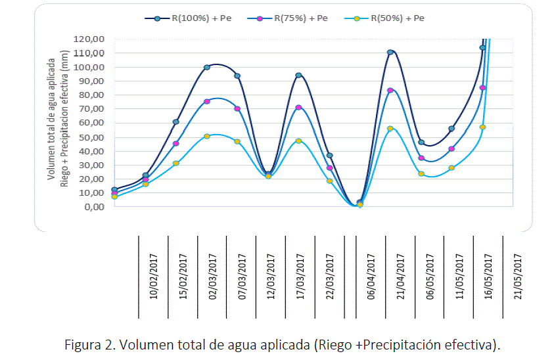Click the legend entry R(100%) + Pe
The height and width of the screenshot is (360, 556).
[x=190, y=18]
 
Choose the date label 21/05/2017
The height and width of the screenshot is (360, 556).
[x=517, y=277]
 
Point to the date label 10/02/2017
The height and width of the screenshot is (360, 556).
[x=154, y=277]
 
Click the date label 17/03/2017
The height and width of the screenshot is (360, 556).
[x=301, y=277]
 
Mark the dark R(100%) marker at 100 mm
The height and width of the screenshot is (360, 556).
[x=206, y=67]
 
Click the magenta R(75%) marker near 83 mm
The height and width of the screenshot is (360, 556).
[x=390, y=90]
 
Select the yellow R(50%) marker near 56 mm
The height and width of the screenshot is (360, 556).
[x=390, y=129]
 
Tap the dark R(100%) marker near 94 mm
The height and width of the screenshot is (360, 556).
[x=298, y=76]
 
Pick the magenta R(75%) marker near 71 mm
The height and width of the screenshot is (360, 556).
[x=298, y=107]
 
